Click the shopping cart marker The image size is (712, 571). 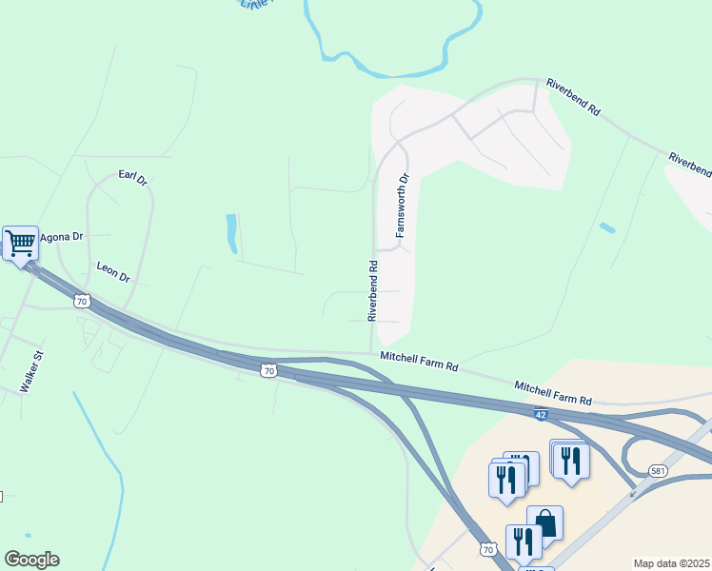[20, 243]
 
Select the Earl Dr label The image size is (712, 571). [132, 177]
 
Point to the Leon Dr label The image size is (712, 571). [112, 273]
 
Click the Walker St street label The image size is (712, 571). [33, 371]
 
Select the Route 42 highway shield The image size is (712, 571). [540, 415]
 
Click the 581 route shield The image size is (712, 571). [659, 470]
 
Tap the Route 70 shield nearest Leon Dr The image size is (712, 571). [82, 302]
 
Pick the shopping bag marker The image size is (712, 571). [544, 522]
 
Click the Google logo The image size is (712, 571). [31, 560]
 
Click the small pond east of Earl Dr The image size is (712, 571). [231, 234]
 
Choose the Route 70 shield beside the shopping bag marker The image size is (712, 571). [488, 549]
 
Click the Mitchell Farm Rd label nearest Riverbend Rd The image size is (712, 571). [420, 362]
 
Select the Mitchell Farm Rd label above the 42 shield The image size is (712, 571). [553, 394]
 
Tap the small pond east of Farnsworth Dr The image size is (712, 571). [606, 228]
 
